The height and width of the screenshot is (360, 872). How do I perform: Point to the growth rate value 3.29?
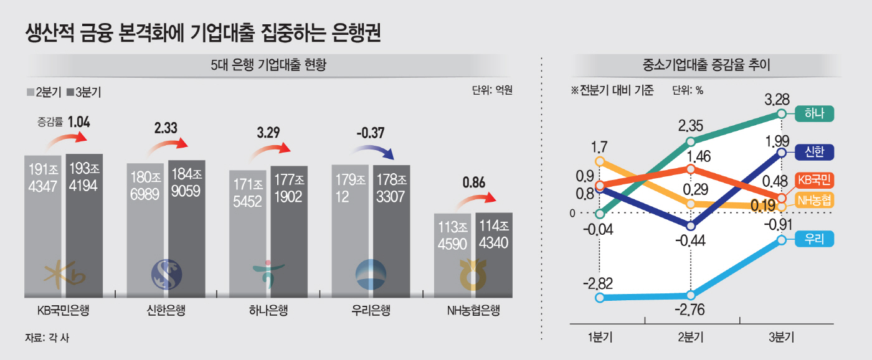pyautogui.click(x=269, y=132)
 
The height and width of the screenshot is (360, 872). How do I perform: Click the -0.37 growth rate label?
pyautogui.click(x=371, y=132)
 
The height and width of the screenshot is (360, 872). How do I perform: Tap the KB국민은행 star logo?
pyautogui.click(x=64, y=275)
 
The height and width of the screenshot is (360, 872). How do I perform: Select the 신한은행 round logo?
pyautogui.click(x=166, y=275)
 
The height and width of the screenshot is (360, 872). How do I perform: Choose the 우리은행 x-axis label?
pyautogui.click(x=371, y=310)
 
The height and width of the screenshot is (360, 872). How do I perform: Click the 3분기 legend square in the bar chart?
pyautogui.click(x=70, y=93)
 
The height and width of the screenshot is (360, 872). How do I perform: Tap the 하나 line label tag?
pyautogui.click(x=814, y=113)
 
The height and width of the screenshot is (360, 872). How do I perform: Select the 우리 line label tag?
pyautogui.click(x=814, y=239)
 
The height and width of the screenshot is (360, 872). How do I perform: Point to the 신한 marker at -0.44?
pyautogui.click(x=690, y=225)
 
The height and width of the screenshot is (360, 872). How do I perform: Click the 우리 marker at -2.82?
pyautogui.click(x=600, y=298)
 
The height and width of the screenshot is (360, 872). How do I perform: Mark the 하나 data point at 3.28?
pyautogui.click(x=782, y=114)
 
